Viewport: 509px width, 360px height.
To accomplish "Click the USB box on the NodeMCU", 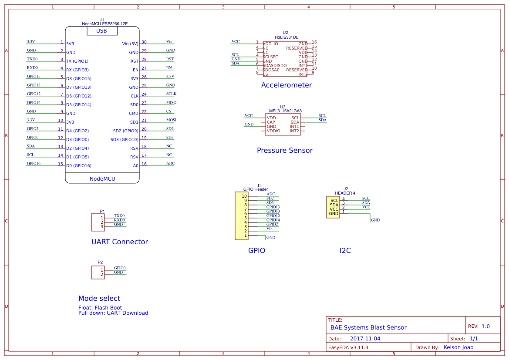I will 101,31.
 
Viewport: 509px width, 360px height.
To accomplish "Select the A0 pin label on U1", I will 135,166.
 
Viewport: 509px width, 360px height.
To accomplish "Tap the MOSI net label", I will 171,120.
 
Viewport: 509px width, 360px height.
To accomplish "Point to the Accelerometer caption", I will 286,85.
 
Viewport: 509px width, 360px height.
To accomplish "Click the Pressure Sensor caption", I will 284,151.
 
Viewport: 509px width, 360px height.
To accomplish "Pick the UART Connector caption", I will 119,242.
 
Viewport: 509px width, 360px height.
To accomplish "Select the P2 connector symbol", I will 98,273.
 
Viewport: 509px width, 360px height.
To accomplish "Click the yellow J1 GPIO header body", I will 241,216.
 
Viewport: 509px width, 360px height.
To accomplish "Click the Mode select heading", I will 99,299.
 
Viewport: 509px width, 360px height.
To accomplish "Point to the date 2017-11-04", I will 365,339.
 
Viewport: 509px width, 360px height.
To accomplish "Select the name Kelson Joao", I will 458,347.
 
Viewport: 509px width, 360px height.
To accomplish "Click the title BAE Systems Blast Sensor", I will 368,328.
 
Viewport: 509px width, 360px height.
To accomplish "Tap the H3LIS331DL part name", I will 286,37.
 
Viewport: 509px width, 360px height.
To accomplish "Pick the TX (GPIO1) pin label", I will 77,61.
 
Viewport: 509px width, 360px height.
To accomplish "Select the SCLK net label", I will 171,94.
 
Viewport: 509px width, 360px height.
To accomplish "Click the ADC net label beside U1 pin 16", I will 170,164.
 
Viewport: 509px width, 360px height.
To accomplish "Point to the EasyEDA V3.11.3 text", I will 348,347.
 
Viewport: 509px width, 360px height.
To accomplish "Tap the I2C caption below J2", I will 345,251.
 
